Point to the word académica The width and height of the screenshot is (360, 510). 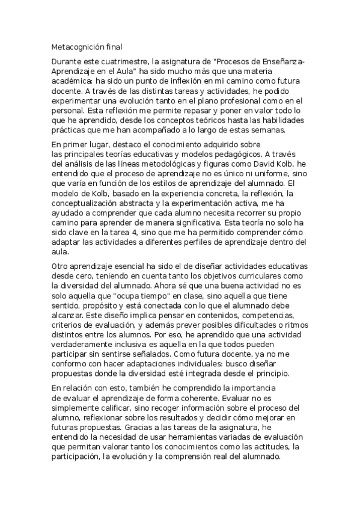click(71, 81)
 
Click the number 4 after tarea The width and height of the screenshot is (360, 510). click(121, 232)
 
